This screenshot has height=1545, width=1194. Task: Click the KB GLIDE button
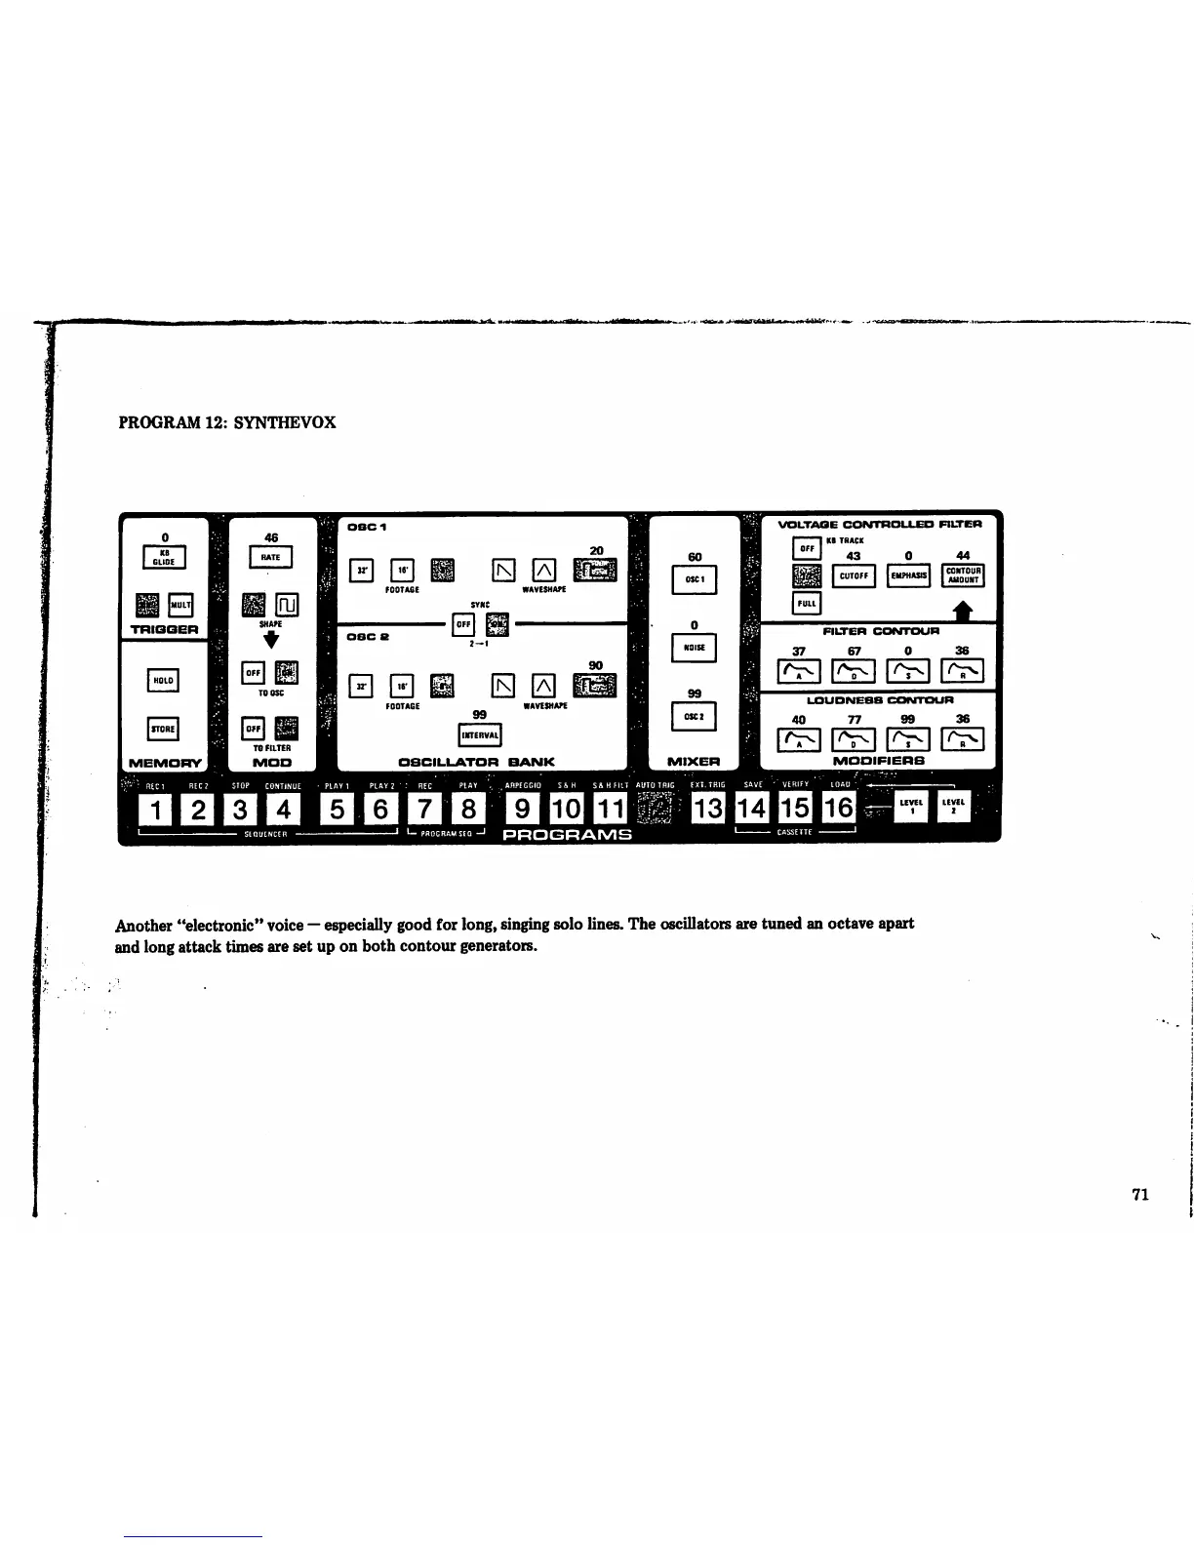click(x=165, y=559)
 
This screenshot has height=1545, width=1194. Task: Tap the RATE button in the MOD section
click(x=270, y=558)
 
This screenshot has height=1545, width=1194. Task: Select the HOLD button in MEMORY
click(x=163, y=680)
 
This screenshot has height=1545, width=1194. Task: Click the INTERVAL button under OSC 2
click(x=480, y=734)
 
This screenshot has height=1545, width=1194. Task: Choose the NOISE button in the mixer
click(x=695, y=648)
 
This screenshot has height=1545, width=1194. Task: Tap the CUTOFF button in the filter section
click(x=854, y=575)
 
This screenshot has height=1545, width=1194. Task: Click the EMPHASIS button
click(x=908, y=575)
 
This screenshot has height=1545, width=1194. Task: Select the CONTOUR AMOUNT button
click(x=963, y=575)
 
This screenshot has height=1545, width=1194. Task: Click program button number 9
click(x=524, y=809)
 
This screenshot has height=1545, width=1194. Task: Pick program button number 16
click(x=838, y=808)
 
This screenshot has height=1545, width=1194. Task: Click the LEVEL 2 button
click(x=953, y=806)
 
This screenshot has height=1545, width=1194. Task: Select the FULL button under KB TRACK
click(x=807, y=604)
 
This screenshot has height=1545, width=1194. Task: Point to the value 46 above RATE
click(x=271, y=537)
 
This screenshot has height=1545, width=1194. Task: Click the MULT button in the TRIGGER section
click(x=180, y=606)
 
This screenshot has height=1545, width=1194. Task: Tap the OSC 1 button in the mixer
click(x=695, y=579)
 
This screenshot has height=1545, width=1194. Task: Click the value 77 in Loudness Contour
click(x=855, y=719)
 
